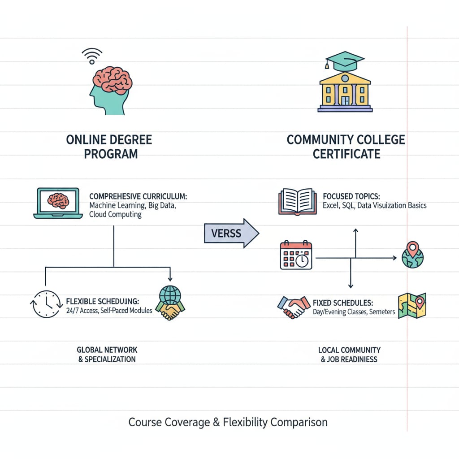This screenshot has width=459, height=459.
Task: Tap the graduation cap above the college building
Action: pos(345,61)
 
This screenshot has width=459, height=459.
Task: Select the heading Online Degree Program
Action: pos(109,147)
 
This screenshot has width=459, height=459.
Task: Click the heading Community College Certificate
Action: pos(346,147)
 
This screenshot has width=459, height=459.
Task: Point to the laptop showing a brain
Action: pos(58,203)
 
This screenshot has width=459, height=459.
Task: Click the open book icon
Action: pos(295,200)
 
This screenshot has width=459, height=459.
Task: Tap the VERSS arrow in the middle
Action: pos(231,233)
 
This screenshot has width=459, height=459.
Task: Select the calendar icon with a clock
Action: pos(296,255)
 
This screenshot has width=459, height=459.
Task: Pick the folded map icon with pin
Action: pos(411,305)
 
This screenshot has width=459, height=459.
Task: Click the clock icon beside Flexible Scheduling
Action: pos(45,304)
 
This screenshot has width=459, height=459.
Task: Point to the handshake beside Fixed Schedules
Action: pos(294,307)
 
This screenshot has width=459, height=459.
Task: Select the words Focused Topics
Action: pos(351,196)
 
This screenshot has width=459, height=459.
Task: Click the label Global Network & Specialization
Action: pos(107,354)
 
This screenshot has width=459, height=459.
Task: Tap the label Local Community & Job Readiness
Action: pos(349,354)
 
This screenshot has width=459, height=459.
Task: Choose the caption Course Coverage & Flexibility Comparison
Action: pos(228,422)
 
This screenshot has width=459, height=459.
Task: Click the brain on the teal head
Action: pos(112,80)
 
